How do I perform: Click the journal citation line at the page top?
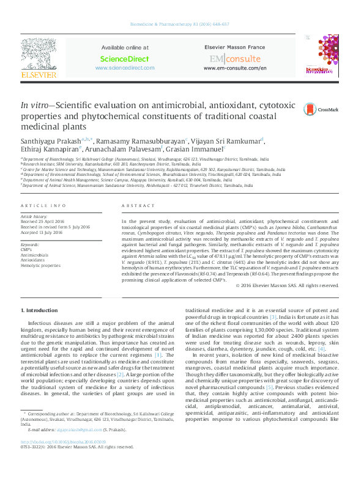[182, 25]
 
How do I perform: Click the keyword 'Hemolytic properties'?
[40, 266]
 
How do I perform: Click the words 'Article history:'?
[34, 216]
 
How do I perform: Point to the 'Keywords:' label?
[30, 244]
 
